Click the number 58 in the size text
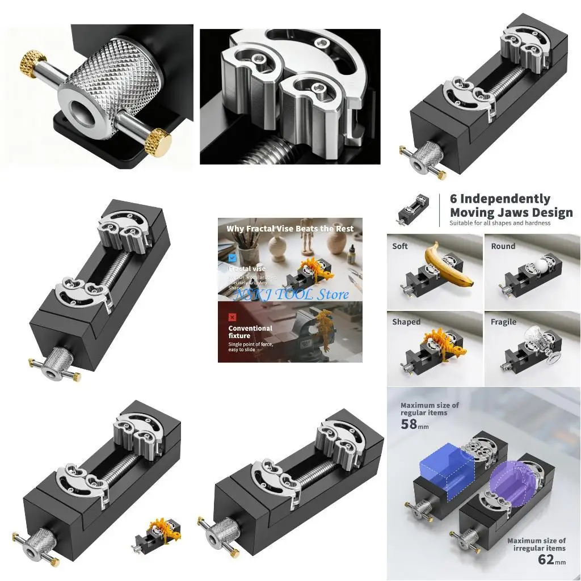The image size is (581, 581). coord(410,424)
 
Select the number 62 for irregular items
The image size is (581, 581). coord(545,560)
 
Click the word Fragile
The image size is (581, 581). coord(503,322)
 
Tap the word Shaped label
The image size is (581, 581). coord(406,322)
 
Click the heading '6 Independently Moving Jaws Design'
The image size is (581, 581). coord(511,206)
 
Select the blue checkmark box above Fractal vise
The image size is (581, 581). coord(232,257)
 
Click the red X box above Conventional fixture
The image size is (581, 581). coord(232,317)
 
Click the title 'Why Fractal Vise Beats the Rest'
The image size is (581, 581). coord(289,229)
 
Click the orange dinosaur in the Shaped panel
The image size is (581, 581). coord(439,344)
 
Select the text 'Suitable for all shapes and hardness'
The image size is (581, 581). coord(500,223)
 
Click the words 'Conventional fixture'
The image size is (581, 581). coord(250,332)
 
